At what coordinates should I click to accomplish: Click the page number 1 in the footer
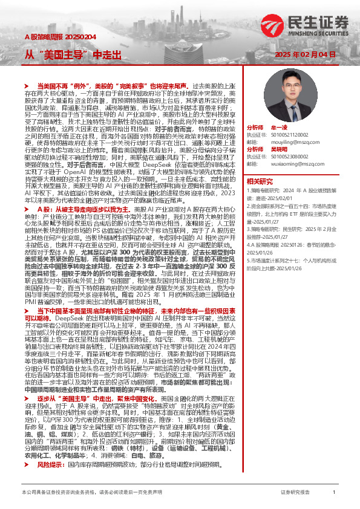[x=334, y=493]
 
